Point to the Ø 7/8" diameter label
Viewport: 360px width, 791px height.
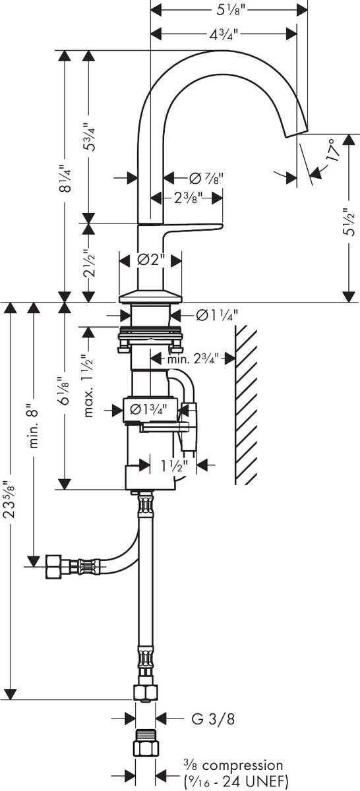tap(206, 178)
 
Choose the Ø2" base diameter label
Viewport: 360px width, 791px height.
tap(150, 260)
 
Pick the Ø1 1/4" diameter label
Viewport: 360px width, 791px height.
tap(216, 315)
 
